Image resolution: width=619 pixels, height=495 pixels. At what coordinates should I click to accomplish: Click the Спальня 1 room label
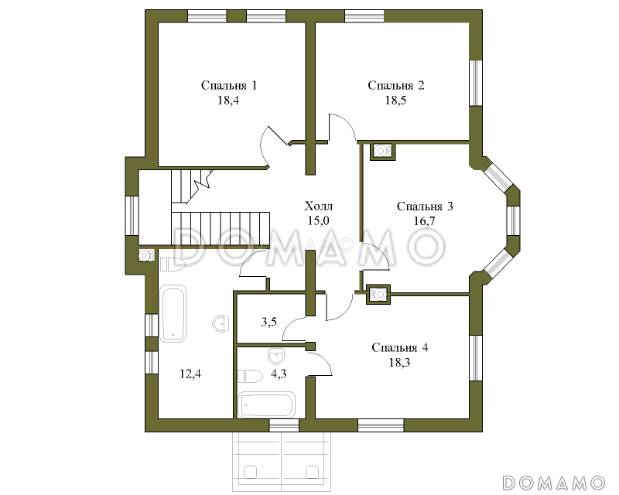coord(229,86)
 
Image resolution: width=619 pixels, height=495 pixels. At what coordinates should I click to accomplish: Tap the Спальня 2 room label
coord(396,86)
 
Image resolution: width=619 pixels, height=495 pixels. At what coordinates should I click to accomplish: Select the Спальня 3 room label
coord(425,207)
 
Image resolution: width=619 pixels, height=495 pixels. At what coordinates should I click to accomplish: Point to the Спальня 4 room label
coord(400,348)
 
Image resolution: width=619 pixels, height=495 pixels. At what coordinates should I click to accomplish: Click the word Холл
coord(319,206)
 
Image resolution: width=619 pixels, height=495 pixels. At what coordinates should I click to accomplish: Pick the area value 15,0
coord(319,220)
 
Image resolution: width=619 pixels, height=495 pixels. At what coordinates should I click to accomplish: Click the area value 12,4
coord(190,374)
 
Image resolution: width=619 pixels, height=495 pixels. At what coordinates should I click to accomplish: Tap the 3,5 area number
coord(268,322)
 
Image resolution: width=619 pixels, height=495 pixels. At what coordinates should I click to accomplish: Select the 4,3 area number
coord(279,374)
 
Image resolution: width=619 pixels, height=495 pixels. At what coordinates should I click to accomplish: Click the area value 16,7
coord(424,221)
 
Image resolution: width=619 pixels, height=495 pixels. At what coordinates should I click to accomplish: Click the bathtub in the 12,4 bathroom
coord(173,313)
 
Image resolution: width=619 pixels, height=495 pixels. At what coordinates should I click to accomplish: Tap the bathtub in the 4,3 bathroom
coord(266,405)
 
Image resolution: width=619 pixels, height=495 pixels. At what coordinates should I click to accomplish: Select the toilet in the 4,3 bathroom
coord(250,376)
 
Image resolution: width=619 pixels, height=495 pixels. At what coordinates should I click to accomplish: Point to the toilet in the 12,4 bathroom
coord(173,265)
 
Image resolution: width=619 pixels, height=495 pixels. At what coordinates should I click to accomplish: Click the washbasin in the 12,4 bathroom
coord(221,324)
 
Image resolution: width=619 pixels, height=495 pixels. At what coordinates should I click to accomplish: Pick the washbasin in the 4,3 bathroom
coord(276,356)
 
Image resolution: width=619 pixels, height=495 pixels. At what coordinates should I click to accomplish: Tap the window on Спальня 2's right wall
coord(476,83)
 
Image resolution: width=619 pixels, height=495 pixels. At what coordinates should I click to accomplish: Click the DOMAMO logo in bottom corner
coord(554,483)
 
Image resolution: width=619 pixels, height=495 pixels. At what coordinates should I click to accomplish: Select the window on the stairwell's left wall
coord(132,216)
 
